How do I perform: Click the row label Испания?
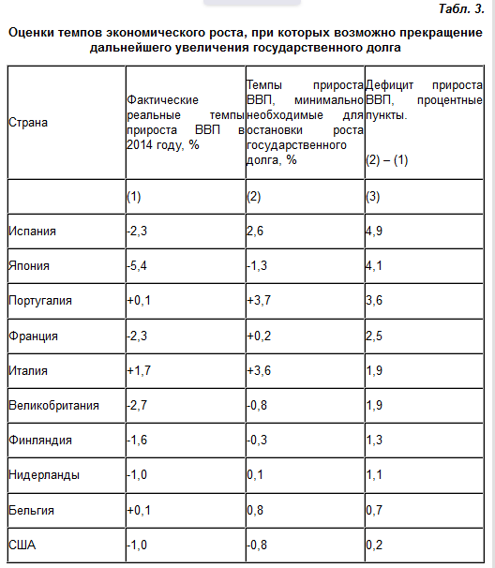coord(31,231)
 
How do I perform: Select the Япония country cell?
coord(29,266)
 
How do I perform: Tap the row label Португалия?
coord(38,301)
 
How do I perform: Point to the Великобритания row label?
coord(52,406)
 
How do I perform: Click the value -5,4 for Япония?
coord(139,266)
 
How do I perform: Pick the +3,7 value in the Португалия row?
coord(260,301)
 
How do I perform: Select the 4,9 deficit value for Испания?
coord(375,231)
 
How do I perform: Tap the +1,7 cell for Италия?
coord(139,371)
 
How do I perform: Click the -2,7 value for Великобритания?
coord(139,406)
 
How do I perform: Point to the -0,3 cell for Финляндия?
coord(258,441)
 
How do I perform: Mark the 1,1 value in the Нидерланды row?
coord(374,475)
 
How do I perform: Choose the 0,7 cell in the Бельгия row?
coord(374,511)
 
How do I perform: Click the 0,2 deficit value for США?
coord(374,546)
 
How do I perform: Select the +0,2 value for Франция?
coord(260,336)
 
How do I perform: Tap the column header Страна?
coord(28,123)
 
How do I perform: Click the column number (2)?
coord(253,196)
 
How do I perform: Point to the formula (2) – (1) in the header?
coord(386,160)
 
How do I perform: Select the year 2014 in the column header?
coord(140,145)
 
